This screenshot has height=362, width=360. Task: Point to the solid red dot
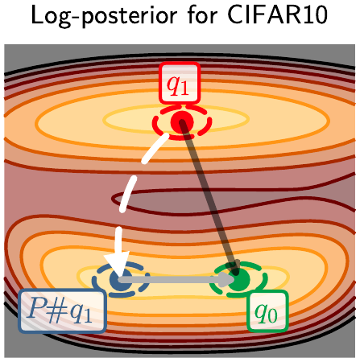coord(180,122)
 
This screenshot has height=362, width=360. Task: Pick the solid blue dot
coord(122,281)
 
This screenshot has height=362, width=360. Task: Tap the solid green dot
coord(238,281)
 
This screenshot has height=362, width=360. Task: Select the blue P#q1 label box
coord(62,312)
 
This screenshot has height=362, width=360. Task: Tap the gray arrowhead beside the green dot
coord(221,281)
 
